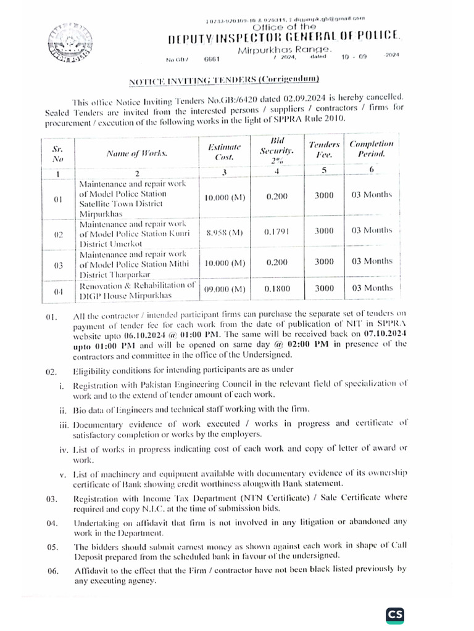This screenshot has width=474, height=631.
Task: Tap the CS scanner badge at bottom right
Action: (x=394, y=614)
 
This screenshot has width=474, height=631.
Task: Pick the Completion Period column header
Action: (x=371, y=149)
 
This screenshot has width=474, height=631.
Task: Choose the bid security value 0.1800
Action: (x=276, y=288)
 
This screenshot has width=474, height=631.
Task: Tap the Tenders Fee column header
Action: (x=324, y=149)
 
